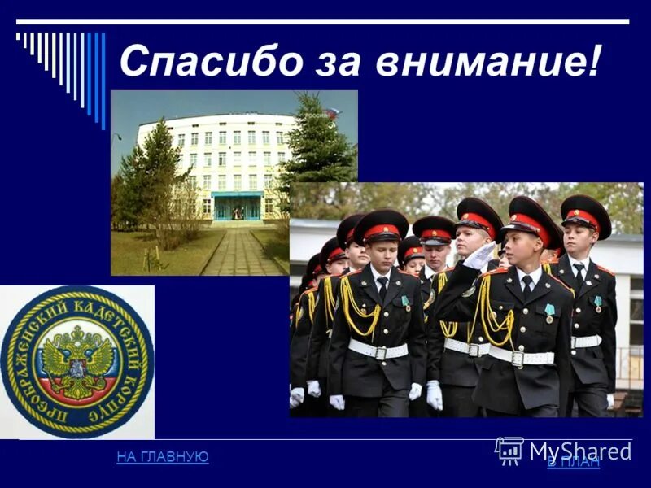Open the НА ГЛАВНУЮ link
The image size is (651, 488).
click(x=163, y=457)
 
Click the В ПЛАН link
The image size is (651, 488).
click(x=574, y=462)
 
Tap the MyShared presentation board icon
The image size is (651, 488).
click(x=509, y=451)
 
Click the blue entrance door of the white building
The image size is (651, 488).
click(x=237, y=207)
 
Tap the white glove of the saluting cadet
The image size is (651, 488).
click(x=479, y=256)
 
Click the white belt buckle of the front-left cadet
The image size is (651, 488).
click(x=379, y=352)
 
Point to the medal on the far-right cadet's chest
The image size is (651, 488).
click(x=598, y=303)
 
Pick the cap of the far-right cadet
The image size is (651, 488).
click(x=586, y=213)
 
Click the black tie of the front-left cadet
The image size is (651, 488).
click(x=382, y=289)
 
